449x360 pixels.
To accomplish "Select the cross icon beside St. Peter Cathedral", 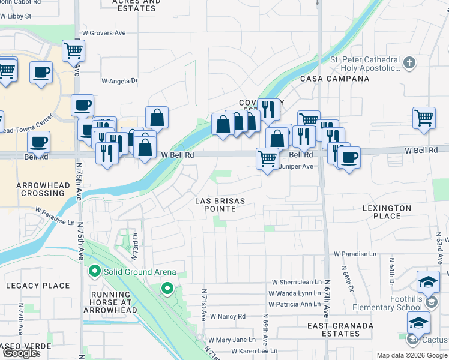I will (x=409, y=62).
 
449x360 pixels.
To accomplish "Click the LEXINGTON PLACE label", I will (x=387, y=212).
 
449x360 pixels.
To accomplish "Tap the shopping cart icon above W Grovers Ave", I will (x=73, y=50).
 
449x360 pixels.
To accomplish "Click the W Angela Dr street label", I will (x=119, y=80).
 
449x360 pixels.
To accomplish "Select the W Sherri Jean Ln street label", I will (x=297, y=282).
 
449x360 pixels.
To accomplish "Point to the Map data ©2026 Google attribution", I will (x=412, y=355).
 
